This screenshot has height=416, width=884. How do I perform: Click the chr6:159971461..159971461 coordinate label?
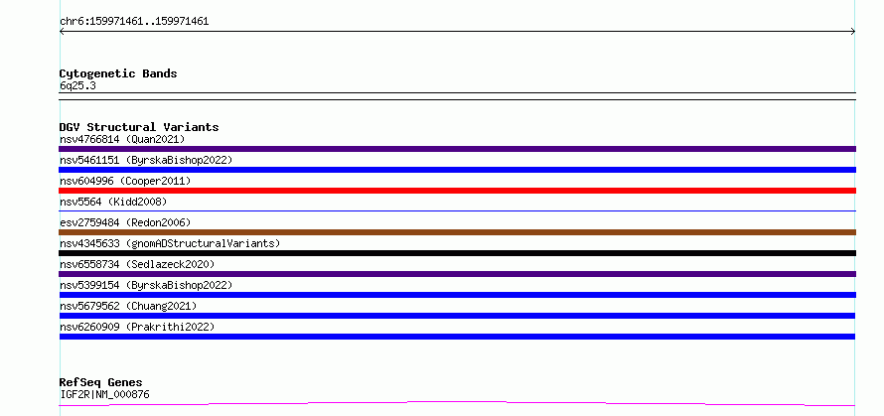pos(134,22)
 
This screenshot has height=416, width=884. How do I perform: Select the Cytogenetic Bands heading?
pos(118,73)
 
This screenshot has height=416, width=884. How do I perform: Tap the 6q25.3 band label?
pos(77,85)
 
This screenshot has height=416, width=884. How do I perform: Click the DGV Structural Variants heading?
pos(139,127)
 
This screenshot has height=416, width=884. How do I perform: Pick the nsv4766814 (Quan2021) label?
pos(122,139)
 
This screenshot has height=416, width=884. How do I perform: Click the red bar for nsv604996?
pos(457,191)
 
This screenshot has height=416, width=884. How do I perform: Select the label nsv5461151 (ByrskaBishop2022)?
pos(146,160)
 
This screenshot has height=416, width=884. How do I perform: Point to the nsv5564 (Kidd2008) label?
pos(113,202)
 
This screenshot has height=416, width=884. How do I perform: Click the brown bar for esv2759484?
pos(457,232)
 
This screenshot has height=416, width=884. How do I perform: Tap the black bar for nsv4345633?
pos(457,253)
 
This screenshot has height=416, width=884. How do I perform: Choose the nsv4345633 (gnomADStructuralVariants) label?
pos(170,243)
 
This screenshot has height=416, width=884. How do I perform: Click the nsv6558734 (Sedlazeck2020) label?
pos(137,264)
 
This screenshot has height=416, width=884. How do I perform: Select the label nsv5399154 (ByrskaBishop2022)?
pos(146,285)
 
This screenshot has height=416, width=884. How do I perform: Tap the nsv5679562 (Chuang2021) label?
pos(128,306)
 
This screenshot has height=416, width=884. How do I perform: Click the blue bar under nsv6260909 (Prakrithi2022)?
pos(457,337)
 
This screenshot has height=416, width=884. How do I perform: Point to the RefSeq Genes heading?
pos(101,382)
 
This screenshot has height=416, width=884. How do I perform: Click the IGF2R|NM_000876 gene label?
pos(105,394)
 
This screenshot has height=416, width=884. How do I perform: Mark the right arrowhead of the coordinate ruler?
pos(854,32)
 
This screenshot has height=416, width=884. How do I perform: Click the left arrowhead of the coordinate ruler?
pos(61,32)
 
